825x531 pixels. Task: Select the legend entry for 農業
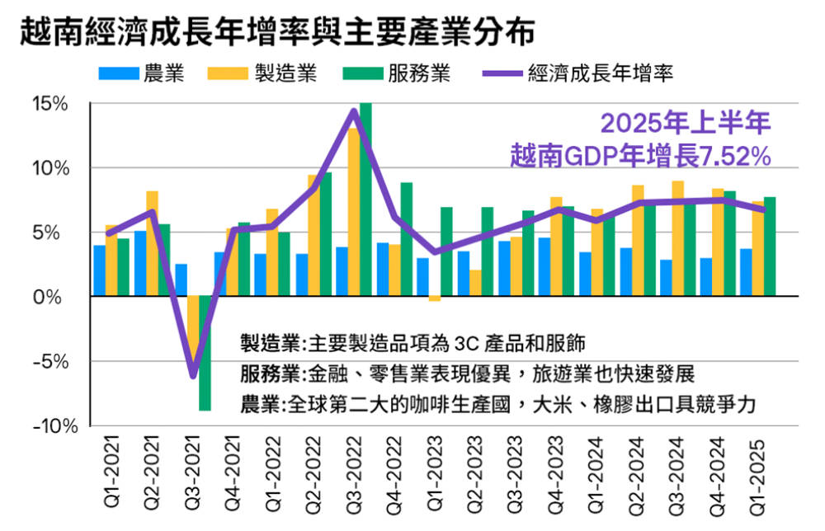click(140, 73)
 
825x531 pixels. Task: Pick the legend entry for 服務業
click(395, 73)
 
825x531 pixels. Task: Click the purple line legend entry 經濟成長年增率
click(577, 73)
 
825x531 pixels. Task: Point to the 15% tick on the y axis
click(50, 104)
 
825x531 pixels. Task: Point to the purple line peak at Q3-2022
click(353, 110)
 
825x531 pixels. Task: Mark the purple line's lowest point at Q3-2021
click(193, 376)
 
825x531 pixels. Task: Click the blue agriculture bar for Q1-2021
click(99, 270)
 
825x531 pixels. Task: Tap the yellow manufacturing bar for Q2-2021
click(152, 243)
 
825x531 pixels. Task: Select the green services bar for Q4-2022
click(406, 239)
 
